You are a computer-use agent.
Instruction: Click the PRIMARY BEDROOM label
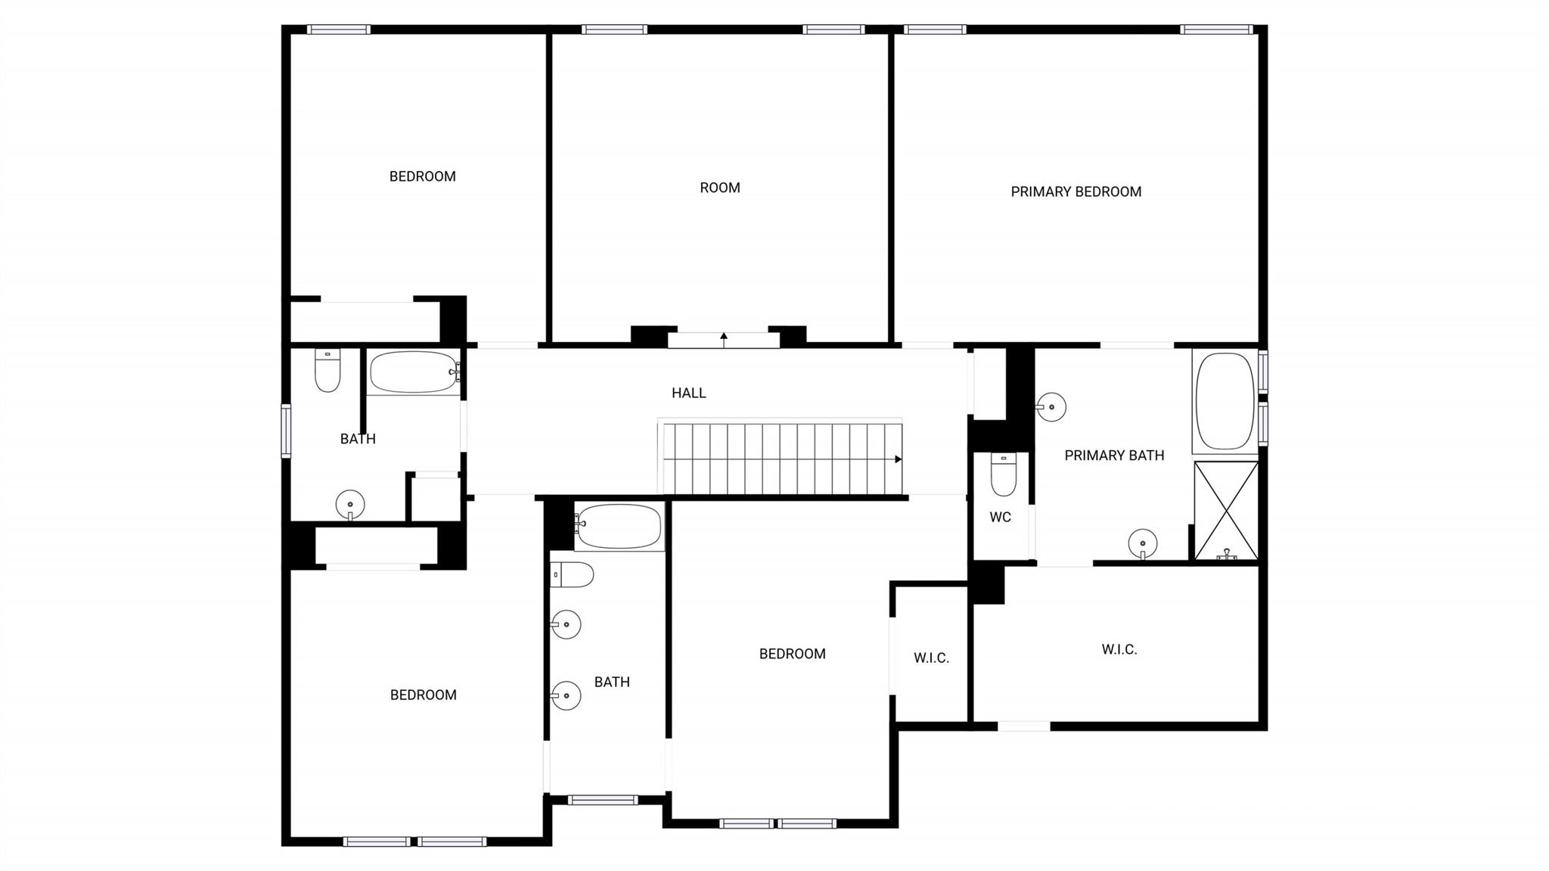[1076, 192]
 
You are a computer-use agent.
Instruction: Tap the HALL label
[688, 393]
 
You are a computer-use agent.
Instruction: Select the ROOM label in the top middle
[719, 188]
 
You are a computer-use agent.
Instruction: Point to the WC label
[1000, 518]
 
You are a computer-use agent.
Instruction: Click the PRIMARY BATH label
[1113, 456]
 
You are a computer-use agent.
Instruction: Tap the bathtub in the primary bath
[1225, 401]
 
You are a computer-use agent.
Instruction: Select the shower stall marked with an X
[1225, 511]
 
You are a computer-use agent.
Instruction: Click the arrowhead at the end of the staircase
[898, 459]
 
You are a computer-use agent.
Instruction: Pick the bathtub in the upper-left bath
[413, 372]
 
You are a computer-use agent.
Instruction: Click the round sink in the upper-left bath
[350, 505]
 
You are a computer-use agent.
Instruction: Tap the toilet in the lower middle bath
[572, 575]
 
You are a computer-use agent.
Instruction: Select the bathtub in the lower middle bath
[618, 527]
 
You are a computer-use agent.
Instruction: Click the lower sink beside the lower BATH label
[566, 695]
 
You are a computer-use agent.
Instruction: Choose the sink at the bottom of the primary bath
[1142, 543]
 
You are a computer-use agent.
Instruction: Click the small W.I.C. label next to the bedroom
[931, 658]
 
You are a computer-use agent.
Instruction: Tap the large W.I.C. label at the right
[1119, 649]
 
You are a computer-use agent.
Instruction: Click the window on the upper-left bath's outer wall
[286, 431]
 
